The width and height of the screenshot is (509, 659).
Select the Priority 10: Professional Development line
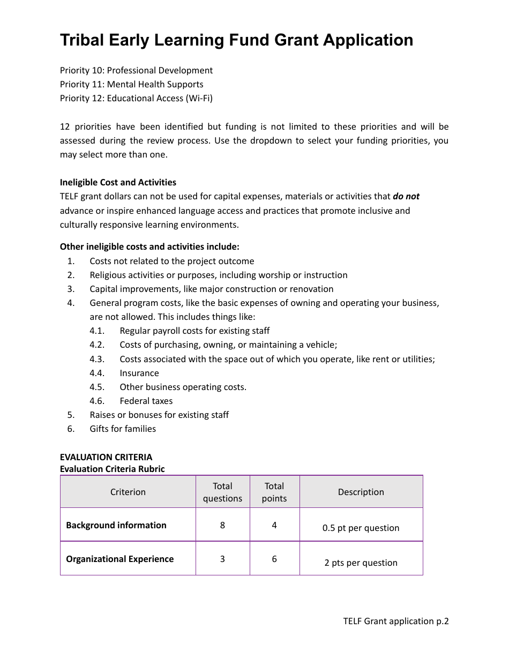click(136, 70)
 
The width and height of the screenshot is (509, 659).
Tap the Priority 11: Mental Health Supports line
click(131, 84)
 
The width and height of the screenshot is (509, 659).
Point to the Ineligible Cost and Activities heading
click(118, 182)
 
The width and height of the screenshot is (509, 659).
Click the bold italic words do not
click(406, 196)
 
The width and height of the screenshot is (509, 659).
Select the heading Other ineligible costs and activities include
click(149, 246)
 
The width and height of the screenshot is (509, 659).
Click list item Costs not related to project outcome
click(171, 261)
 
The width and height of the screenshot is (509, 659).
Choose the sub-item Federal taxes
click(146, 401)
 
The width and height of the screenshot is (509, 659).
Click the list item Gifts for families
click(123, 429)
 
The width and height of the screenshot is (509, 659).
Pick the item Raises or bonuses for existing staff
click(159, 415)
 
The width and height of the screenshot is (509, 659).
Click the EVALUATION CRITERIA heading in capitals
click(106, 457)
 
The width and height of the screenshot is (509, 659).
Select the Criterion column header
click(128, 492)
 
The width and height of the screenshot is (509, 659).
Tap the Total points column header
click(274, 492)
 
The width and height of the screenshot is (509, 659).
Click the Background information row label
click(116, 525)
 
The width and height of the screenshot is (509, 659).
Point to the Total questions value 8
click(222, 525)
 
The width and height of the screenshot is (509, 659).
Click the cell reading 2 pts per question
click(361, 563)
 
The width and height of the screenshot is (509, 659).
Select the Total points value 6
click(274, 559)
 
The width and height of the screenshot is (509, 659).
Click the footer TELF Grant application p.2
click(395, 621)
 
